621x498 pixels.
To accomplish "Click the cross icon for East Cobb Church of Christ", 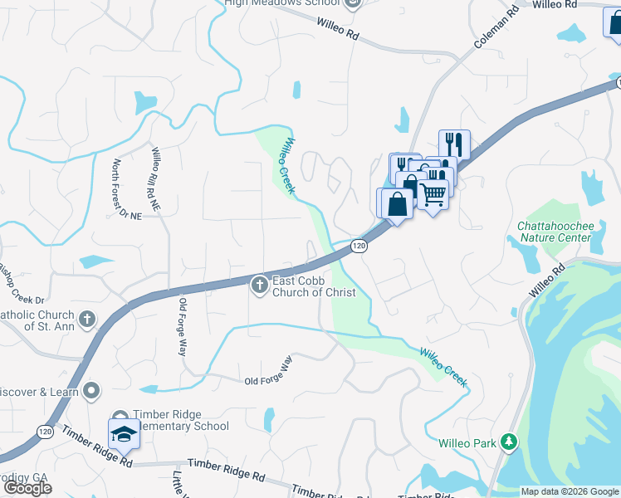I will click(x=259, y=285).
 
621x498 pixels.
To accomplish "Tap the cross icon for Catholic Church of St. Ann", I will click(x=87, y=318).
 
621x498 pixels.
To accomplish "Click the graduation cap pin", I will click(x=124, y=434).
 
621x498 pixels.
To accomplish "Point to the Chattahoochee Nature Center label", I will click(x=554, y=232).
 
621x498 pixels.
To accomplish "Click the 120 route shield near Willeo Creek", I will click(x=358, y=246).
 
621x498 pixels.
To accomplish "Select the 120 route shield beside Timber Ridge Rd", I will click(x=44, y=432).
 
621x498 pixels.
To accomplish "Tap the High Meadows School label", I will click(x=282, y=3).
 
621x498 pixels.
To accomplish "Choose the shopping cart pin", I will click(x=433, y=194).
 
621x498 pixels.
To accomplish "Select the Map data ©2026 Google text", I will click(x=569, y=491).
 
